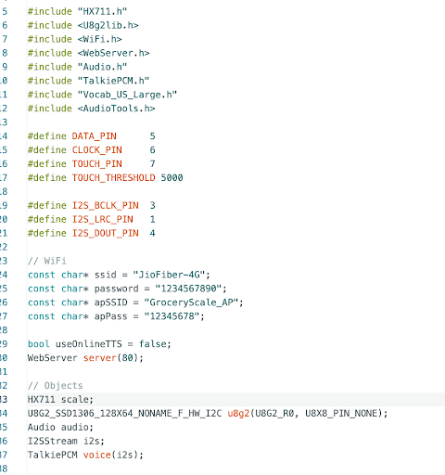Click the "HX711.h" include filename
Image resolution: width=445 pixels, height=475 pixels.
102,11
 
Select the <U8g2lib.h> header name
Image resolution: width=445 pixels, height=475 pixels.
108,25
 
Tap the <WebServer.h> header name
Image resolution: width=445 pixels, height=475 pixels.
113,53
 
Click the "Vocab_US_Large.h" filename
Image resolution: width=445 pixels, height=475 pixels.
127,95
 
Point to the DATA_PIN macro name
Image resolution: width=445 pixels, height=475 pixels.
95,136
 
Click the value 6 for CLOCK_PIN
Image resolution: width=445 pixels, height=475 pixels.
152,150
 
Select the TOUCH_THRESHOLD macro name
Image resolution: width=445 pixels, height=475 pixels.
113,177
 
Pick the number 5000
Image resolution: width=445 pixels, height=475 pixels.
172,177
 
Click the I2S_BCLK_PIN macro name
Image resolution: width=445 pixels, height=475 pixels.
106,205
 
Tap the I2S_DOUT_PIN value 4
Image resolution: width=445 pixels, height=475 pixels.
152,233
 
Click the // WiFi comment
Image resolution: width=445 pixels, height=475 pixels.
47,261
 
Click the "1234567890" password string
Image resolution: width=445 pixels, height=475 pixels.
188,289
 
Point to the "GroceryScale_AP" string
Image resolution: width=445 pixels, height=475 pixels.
191,302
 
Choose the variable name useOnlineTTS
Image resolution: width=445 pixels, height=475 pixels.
89,344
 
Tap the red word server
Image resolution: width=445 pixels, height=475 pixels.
100,358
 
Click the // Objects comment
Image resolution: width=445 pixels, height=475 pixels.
56,386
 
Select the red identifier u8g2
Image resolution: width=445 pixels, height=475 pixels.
238,413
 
